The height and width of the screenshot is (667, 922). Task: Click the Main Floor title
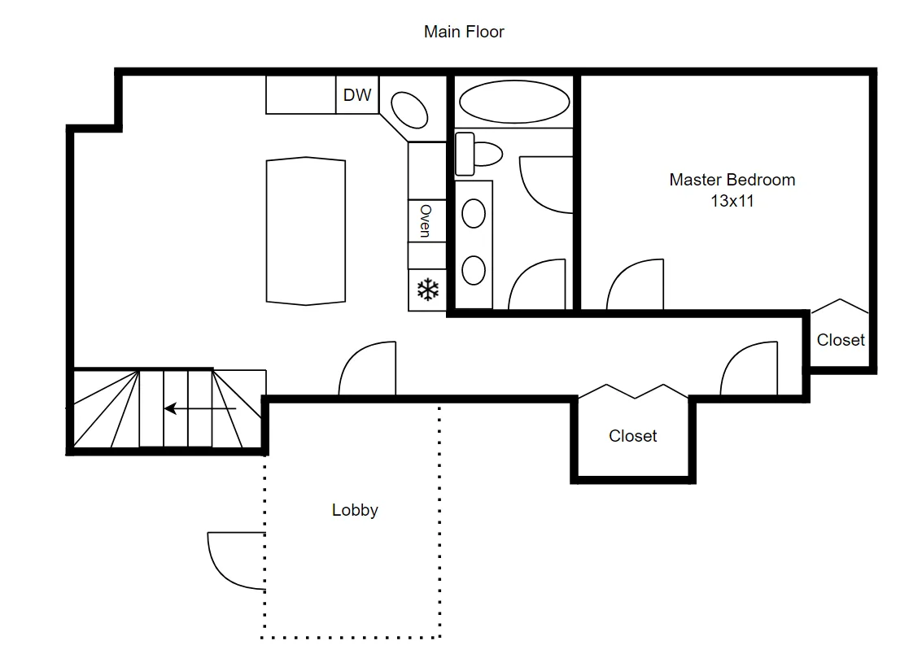pos(464,32)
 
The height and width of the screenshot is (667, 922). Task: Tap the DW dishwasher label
pos(357,95)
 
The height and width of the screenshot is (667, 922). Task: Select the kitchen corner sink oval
pos(409,109)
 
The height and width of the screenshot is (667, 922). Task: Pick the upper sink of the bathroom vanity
pos(474,214)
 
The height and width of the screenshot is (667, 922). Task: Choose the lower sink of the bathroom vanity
pos(474,269)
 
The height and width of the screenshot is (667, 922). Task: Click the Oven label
pos(425,220)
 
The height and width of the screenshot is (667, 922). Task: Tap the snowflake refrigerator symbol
pos(428,290)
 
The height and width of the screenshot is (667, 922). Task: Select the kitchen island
pos(306,231)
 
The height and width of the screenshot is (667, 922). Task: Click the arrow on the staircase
pos(199,408)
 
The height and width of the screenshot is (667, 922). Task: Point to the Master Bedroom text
pos(732,180)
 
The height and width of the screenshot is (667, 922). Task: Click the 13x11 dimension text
pos(732,201)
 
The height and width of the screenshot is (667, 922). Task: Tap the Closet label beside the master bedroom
pos(841,340)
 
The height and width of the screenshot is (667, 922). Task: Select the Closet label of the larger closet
pos(632,436)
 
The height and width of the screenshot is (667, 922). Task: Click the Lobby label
pos(355,511)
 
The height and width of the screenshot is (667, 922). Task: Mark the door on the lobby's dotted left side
pos(236,560)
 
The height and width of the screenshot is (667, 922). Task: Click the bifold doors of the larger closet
pos(635,391)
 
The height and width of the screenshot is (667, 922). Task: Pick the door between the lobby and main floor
pos(367,368)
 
